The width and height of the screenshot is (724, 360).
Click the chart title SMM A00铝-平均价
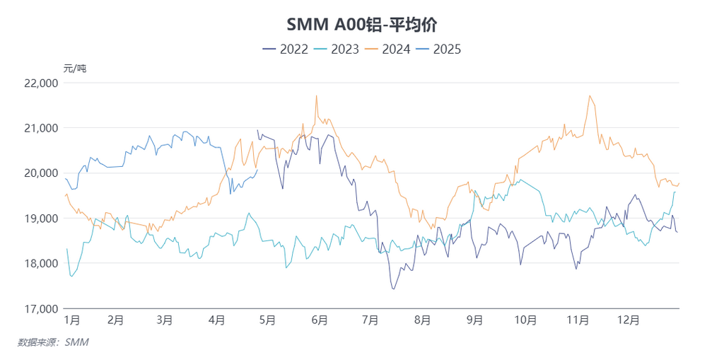click(x=361, y=25)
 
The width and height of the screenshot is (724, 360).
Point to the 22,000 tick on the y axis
click(x=40, y=83)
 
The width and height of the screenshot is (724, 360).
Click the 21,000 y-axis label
click(x=40, y=128)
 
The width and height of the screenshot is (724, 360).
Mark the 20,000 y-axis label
click(x=40, y=173)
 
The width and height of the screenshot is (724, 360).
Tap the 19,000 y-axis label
click(x=40, y=219)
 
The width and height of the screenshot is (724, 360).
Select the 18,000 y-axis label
click(x=40, y=264)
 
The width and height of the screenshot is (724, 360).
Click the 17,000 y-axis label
click(x=40, y=309)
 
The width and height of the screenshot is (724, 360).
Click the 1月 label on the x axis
click(x=71, y=320)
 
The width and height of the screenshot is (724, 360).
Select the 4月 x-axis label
click(x=217, y=320)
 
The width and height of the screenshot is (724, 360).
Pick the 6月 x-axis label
click(x=319, y=320)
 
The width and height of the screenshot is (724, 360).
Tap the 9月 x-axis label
click(x=474, y=320)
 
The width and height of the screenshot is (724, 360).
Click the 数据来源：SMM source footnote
click(x=53, y=342)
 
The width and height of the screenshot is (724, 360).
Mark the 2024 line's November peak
click(x=589, y=95)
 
